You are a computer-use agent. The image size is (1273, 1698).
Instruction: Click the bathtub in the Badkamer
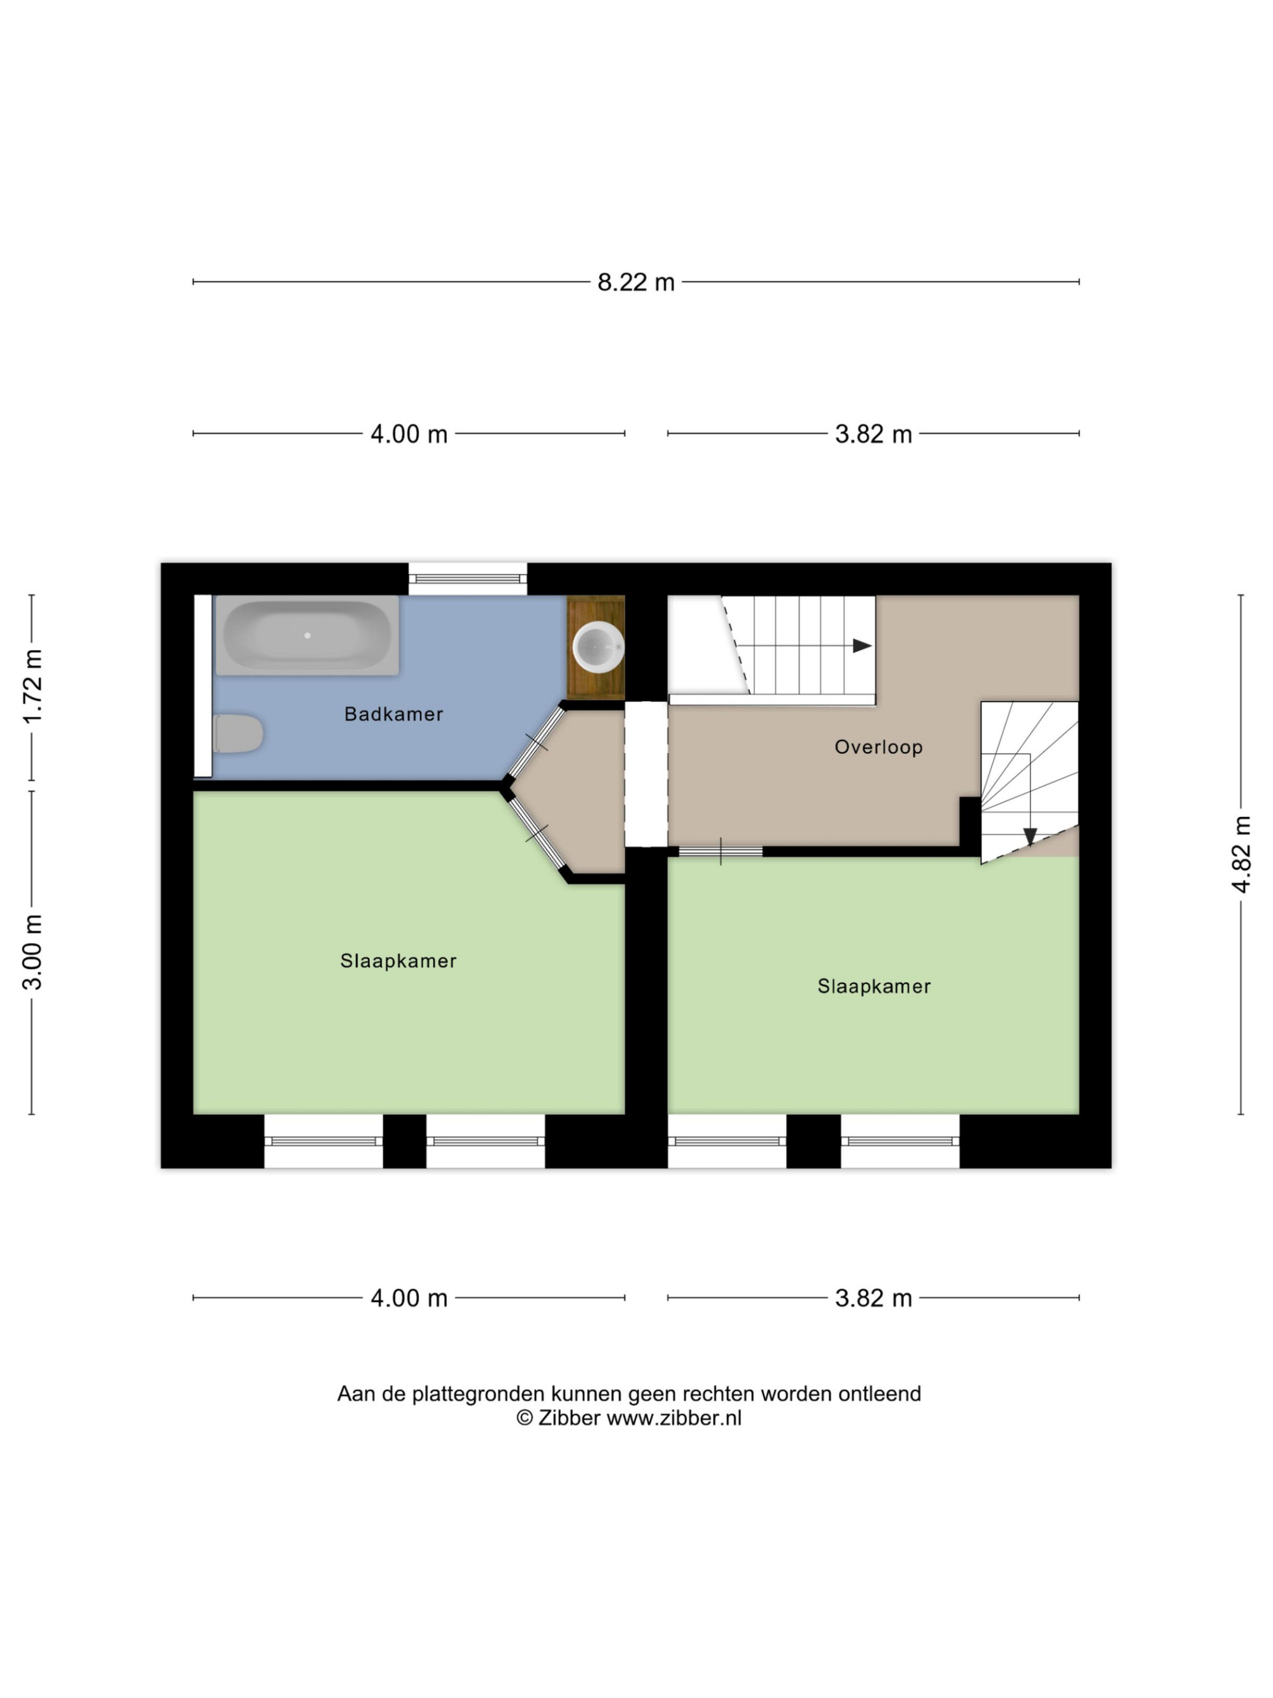point(307,635)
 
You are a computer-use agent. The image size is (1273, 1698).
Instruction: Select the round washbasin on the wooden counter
point(598,646)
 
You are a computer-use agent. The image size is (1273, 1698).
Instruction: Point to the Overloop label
point(878,747)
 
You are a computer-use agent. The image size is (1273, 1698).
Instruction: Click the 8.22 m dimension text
point(636,283)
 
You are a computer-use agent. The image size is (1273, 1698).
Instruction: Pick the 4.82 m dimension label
point(1241,854)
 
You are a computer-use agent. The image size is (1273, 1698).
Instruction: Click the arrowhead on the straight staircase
point(862,646)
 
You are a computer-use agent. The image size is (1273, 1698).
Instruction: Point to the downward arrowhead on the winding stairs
point(1030,837)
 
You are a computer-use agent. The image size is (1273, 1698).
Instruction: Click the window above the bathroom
point(467,579)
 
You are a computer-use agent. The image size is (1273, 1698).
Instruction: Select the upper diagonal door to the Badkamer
point(537,742)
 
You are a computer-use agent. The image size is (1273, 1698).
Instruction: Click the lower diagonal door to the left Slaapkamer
point(537,832)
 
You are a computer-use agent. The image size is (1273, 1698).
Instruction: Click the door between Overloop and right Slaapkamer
point(721,851)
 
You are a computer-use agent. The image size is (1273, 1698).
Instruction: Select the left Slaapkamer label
point(398,961)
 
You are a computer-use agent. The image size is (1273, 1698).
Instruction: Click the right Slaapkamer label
point(874,986)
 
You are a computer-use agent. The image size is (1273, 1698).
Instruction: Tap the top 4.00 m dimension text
point(409,434)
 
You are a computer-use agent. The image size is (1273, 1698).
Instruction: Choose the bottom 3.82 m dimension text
point(873,1298)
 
